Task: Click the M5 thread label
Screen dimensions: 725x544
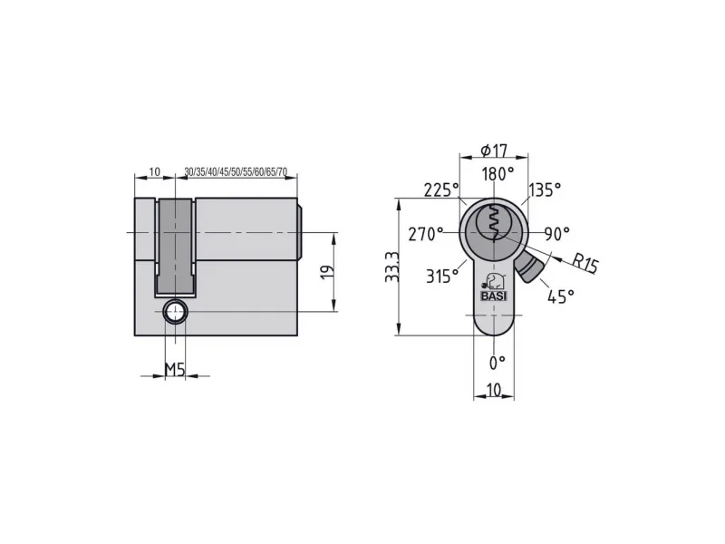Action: pos(175,369)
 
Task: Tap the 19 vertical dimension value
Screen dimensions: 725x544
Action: pos(327,272)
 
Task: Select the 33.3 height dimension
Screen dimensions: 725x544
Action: pos(392,267)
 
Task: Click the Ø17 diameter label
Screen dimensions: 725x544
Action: pos(494,151)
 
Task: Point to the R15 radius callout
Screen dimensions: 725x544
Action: pos(585,263)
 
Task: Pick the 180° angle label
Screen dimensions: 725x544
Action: pos(498,174)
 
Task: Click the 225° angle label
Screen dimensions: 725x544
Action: pos(441,189)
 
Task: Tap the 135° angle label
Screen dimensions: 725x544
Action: pos(545,189)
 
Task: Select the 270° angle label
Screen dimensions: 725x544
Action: pos(425,234)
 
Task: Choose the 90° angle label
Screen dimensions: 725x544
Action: pos(556,234)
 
